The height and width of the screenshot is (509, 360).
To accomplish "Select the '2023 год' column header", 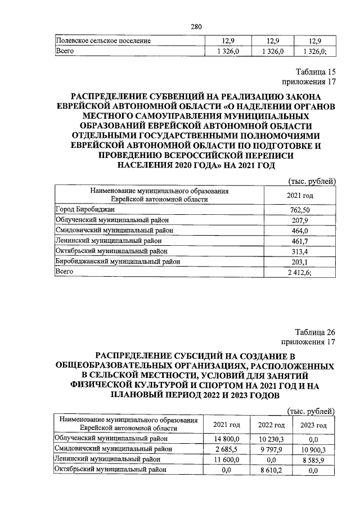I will [x=314, y=425].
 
